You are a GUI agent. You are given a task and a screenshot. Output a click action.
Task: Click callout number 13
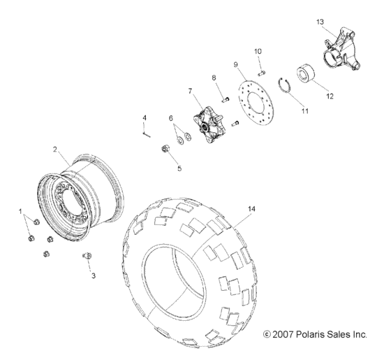point(320,22)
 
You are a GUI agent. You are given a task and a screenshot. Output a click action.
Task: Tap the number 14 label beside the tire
point(251,208)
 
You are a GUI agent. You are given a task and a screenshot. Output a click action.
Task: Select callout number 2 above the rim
point(55,149)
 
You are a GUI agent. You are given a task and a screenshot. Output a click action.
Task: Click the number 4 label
point(145,117)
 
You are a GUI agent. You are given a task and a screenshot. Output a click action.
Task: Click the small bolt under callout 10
point(258,71)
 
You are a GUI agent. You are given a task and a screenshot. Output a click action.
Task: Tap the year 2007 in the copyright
point(282,335)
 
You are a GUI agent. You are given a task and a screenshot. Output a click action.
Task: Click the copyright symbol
point(266,335)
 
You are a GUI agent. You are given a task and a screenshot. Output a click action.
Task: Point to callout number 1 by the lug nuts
point(20,210)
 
